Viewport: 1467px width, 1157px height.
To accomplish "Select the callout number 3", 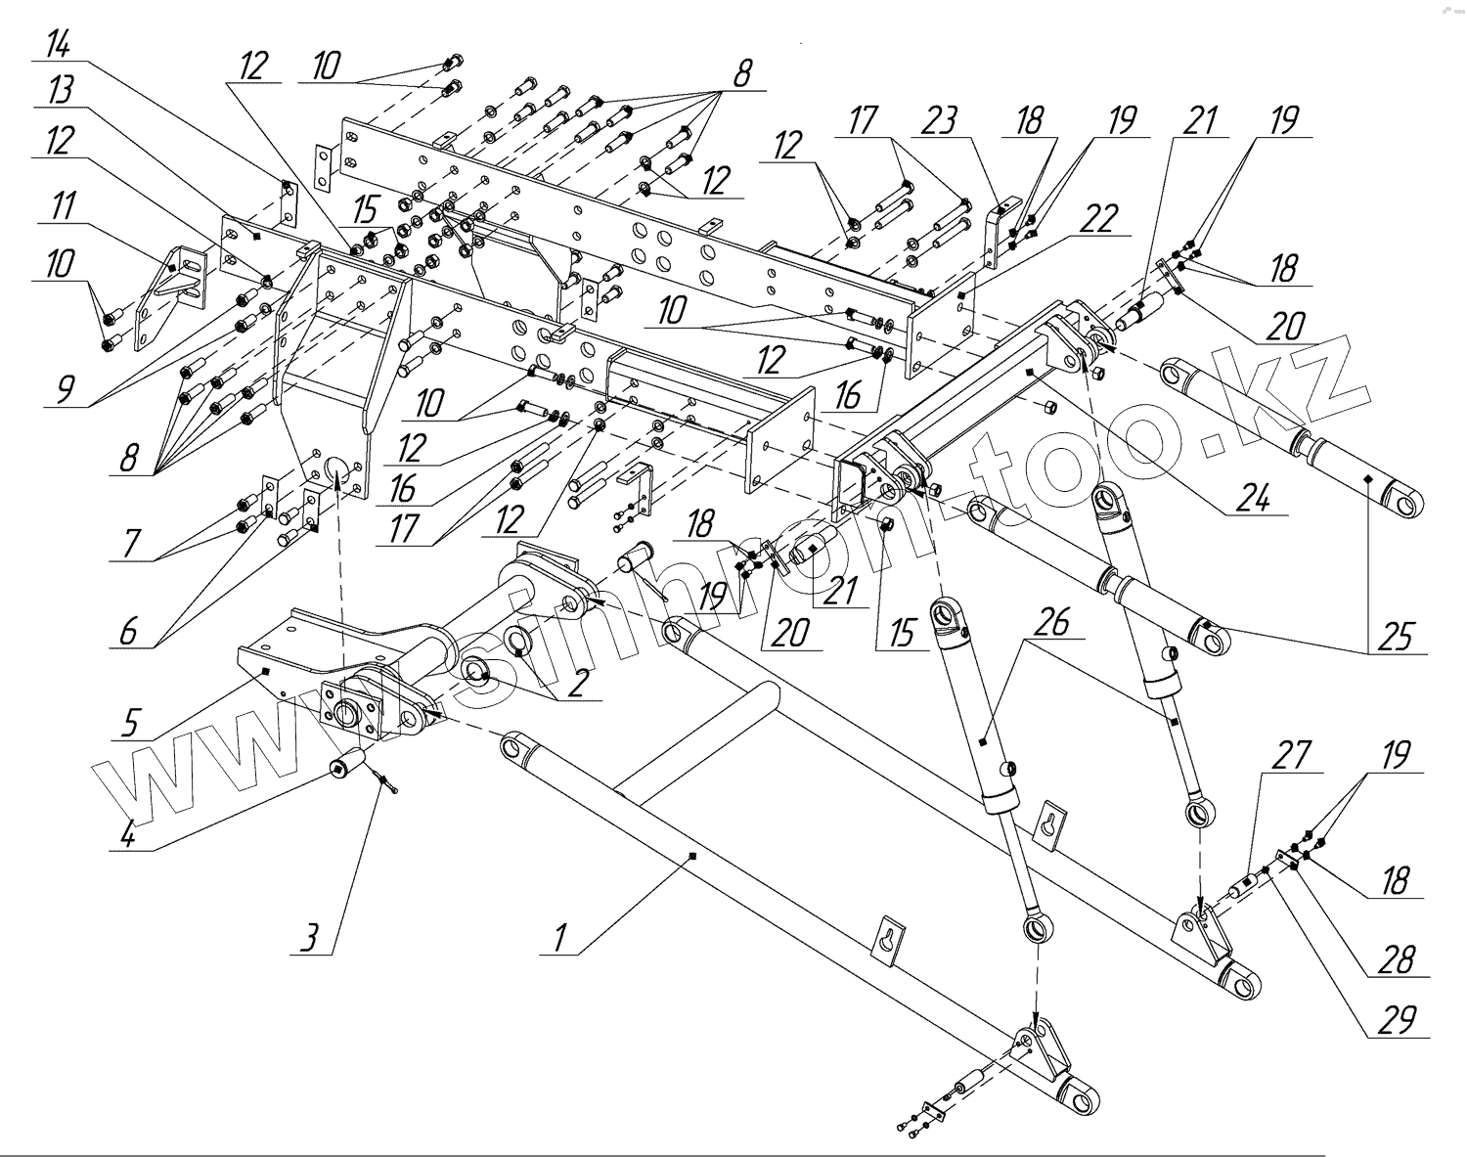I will point(309,939).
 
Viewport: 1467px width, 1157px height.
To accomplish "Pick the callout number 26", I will point(1053,623).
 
